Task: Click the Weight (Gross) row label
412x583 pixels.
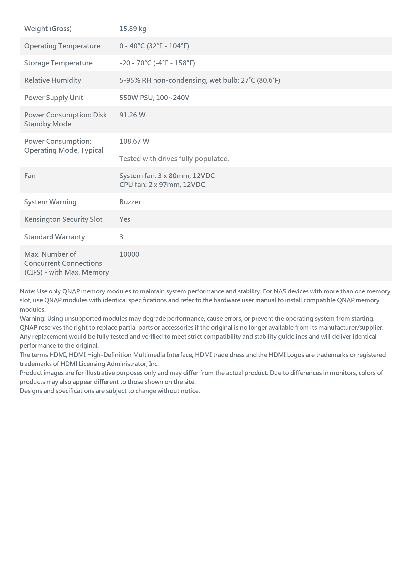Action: tap(48, 29)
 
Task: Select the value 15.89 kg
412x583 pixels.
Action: tap(133, 29)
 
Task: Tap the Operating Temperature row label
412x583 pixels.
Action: tap(62, 46)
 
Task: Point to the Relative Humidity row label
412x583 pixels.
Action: tap(52, 80)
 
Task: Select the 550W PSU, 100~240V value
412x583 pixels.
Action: tap(154, 98)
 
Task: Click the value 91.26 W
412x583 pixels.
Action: tap(132, 115)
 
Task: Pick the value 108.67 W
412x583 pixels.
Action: tap(134, 141)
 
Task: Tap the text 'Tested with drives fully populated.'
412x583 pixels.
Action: tap(174, 159)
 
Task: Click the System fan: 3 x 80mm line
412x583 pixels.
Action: tap(167, 176)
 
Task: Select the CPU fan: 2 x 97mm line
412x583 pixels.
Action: tap(162, 185)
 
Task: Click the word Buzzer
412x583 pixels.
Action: tap(130, 202)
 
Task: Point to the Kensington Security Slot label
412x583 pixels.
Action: tap(63, 219)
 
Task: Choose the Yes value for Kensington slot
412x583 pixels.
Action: tap(125, 219)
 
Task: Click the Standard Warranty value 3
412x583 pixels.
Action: tap(121, 237)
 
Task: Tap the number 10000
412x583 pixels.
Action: tap(129, 254)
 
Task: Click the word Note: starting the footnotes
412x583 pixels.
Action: tap(27, 291)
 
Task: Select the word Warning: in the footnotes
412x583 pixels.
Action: tap(32, 319)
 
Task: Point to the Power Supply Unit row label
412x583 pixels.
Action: tap(53, 98)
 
